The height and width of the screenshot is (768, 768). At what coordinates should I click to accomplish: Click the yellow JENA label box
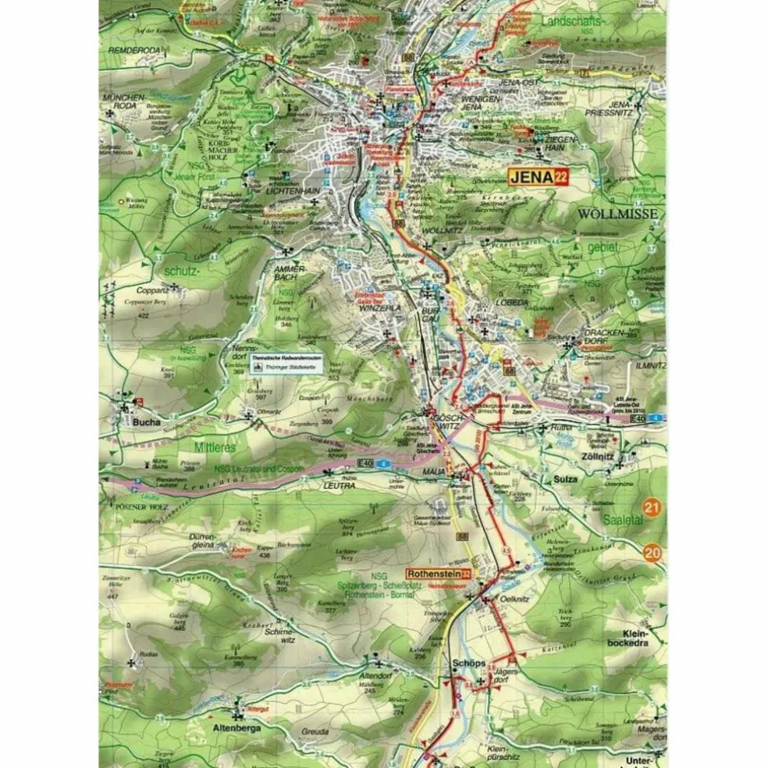539,177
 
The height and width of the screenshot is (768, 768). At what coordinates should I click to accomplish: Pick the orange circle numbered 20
653,553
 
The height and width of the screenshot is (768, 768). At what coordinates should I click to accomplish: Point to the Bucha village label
146,422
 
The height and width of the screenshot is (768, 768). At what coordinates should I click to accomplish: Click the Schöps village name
468,663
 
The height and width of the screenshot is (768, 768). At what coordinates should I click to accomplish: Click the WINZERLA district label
357,308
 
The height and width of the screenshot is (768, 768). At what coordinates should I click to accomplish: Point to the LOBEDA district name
511,304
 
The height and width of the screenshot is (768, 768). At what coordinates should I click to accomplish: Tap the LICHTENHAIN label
290,190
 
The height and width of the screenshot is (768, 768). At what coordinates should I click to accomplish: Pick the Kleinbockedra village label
635,638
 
